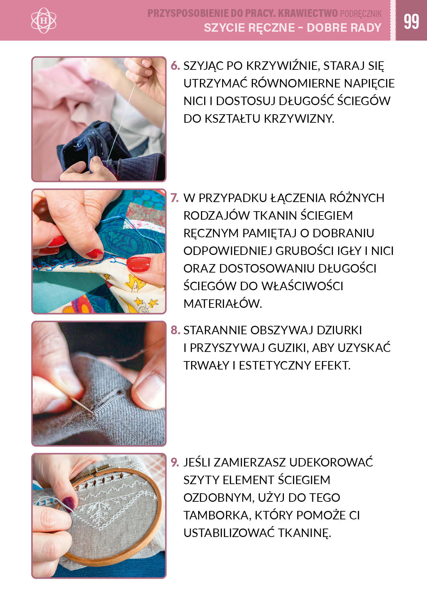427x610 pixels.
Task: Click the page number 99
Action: point(411,22)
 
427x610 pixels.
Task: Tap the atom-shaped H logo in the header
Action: point(44,20)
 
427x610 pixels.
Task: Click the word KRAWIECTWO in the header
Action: point(308,13)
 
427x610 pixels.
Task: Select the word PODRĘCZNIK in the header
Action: point(361,14)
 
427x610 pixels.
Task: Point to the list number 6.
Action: point(175,66)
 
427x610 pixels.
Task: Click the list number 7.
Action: point(175,198)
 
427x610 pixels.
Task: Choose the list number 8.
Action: point(175,330)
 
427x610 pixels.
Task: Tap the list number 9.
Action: point(175,462)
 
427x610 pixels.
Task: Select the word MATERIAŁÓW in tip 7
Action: point(223,304)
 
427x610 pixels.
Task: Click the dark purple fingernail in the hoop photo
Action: point(69,503)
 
